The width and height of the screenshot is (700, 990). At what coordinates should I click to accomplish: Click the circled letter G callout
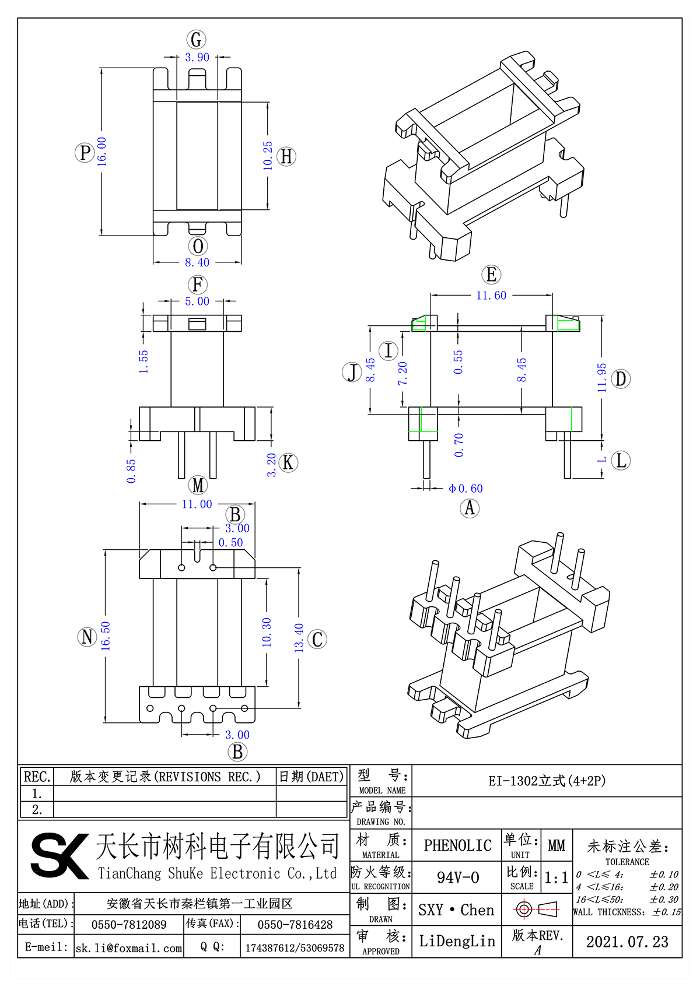[x=197, y=40]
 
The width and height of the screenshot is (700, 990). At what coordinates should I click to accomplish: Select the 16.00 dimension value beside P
[x=102, y=152]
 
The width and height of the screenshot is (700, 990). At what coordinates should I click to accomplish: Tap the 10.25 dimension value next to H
[x=268, y=156]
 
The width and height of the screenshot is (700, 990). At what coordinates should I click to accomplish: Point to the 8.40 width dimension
[x=197, y=263]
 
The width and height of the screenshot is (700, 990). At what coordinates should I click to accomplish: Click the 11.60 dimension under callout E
[x=491, y=296]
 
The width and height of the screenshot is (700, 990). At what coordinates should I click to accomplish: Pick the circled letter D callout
[x=621, y=379]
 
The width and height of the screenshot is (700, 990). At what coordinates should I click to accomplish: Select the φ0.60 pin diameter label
[x=466, y=489]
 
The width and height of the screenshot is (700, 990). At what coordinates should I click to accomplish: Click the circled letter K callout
[x=288, y=463]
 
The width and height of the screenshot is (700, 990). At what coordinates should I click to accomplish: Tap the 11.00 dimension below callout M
[x=197, y=504]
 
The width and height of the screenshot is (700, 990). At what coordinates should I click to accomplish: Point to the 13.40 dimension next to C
[x=299, y=637]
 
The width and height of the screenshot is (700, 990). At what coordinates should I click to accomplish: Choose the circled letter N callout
[x=87, y=637]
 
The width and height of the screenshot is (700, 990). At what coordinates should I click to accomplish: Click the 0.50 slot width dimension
[x=230, y=543]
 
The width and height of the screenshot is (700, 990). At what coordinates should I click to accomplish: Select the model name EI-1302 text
[x=547, y=781]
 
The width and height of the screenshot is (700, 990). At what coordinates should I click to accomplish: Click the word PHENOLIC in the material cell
[x=457, y=845]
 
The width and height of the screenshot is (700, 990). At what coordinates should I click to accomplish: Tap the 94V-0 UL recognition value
[x=457, y=877]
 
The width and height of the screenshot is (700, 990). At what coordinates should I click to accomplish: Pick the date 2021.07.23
[x=627, y=942]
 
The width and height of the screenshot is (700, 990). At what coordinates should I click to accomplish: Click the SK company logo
[x=58, y=855]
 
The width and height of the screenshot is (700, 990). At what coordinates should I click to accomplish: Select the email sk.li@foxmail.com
[x=129, y=948]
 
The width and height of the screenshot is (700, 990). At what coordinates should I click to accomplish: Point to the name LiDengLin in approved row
[x=457, y=942]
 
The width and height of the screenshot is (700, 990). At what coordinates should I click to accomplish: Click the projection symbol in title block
[x=537, y=909]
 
